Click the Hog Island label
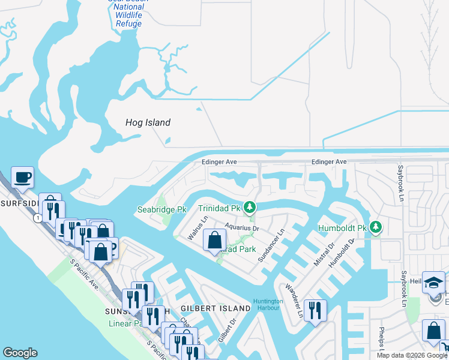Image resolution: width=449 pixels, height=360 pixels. pyautogui.click(x=148, y=122)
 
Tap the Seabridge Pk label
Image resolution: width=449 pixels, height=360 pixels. pyautogui.click(x=161, y=209)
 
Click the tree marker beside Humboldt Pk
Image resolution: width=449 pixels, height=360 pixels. pyautogui.click(x=376, y=227)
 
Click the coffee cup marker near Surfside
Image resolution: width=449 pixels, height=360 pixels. pyautogui.click(x=22, y=178)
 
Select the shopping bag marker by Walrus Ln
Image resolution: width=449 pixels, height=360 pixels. pyautogui.click(x=215, y=241)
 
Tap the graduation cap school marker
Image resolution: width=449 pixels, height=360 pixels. pyautogui.click(x=433, y=283)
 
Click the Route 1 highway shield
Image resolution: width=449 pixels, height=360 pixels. pyautogui.click(x=39, y=218)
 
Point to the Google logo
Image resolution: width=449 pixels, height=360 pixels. pyautogui.click(x=20, y=353)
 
